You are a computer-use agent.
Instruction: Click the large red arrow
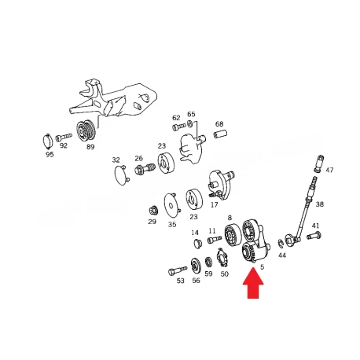253,283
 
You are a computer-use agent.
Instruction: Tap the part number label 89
90,147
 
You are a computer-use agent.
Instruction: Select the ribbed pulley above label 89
85,130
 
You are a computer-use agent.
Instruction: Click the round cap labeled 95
47,141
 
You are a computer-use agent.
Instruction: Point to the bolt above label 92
64,137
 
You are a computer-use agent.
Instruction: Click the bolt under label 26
145,168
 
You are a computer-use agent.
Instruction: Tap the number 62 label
176,118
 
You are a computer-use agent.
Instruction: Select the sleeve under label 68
220,134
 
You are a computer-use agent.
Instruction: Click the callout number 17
214,204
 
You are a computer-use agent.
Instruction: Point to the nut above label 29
152,211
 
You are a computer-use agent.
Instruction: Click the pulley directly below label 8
233,236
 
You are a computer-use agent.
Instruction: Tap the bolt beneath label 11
215,240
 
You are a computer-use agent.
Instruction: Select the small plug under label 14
198,244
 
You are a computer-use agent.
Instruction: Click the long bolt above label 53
178,270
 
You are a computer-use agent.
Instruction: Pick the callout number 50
225,274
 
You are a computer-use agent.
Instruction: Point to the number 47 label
329,170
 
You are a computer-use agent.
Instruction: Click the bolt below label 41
314,236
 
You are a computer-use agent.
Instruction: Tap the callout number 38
320,204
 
